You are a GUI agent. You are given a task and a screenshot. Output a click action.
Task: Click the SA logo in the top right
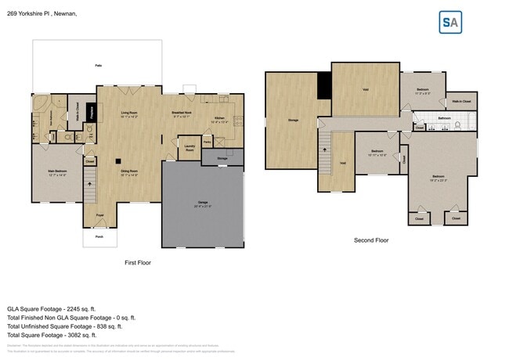pyautogui.click(x=450, y=22)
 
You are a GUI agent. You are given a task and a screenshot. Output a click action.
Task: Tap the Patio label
pyautogui.click(x=98, y=66)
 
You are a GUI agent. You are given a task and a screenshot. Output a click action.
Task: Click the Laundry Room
pyautogui.click(x=190, y=147)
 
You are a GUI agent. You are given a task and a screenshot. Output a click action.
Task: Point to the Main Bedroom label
pyautogui.click(x=55, y=174)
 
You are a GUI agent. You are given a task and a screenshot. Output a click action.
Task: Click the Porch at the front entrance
pyautogui.click(x=99, y=236)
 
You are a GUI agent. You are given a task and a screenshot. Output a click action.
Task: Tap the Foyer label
pyautogui.click(x=99, y=214)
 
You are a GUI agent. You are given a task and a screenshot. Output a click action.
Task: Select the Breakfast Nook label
pyautogui.click(x=184, y=114)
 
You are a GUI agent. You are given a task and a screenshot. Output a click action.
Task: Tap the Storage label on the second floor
pyautogui.click(x=293, y=121)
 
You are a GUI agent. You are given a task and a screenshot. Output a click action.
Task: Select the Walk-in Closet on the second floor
pyautogui.click(x=460, y=102)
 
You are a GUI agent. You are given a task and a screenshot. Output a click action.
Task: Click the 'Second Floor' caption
pyautogui.click(x=370, y=240)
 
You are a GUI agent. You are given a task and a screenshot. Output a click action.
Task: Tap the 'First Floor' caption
pyautogui.click(x=138, y=262)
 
